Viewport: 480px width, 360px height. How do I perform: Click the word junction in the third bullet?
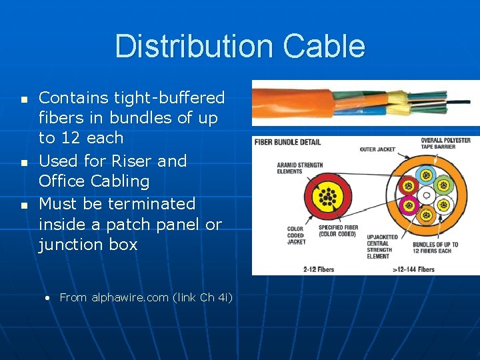[x=87, y=245]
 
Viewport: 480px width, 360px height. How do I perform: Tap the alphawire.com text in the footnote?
[x=129, y=297]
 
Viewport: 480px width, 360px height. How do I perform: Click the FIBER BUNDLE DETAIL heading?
[x=288, y=142]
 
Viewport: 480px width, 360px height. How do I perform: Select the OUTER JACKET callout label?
[x=378, y=149]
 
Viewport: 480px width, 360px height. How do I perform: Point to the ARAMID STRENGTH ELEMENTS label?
[x=299, y=168]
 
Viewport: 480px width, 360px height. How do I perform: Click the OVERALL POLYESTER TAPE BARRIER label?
[x=445, y=144]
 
